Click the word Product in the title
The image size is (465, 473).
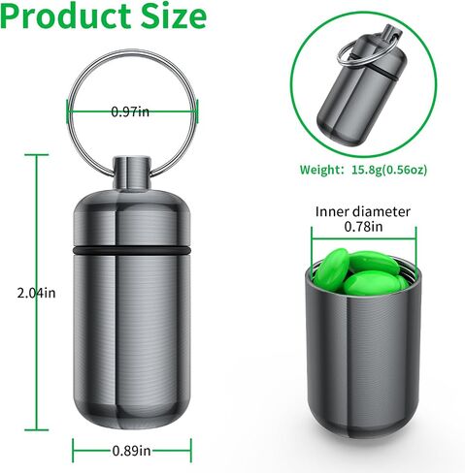pyautogui.click(x=65, y=16)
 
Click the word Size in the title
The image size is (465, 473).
pyautogui.click(x=174, y=16)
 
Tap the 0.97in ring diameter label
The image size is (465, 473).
pyautogui.click(x=130, y=111)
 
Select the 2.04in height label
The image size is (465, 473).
pyautogui.click(x=36, y=293)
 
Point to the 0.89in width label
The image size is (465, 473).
pyautogui.click(x=132, y=451)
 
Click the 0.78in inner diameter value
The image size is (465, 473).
pyautogui.click(x=363, y=227)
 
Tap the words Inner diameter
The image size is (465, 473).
pyautogui.click(x=363, y=212)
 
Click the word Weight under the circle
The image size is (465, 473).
pyautogui.click(x=319, y=170)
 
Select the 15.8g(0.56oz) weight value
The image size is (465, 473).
pyautogui.click(x=389, y=170)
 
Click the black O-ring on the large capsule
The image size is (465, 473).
pyautogui.click(x=132, y=251)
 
